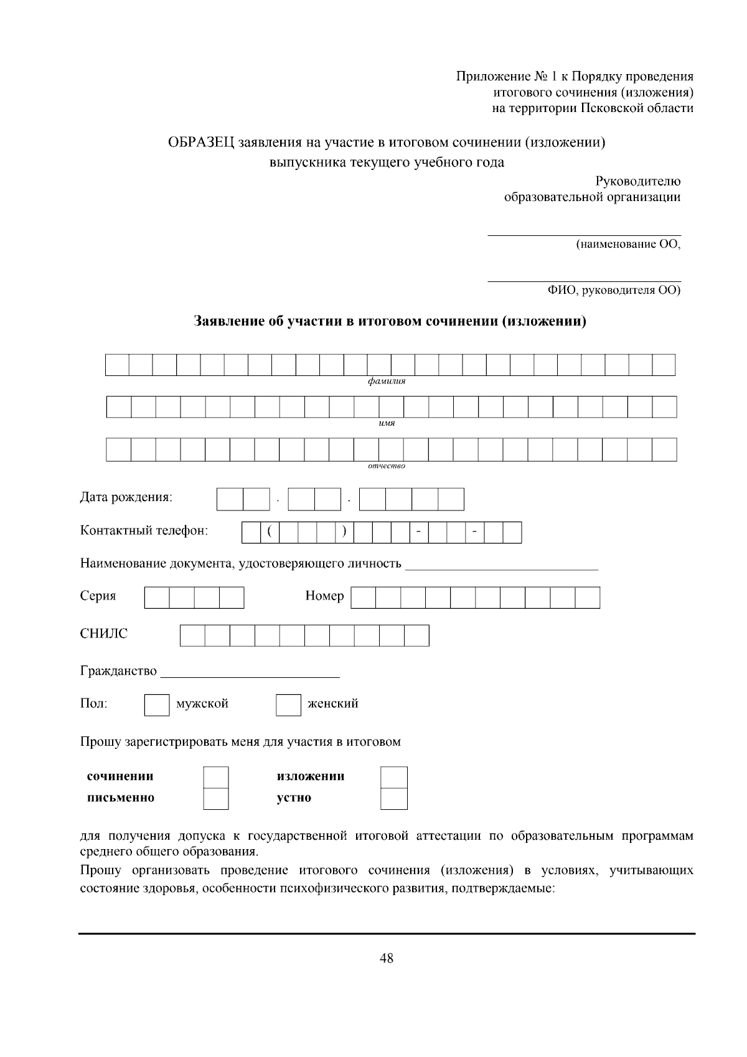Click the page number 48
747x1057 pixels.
pyautogui.click(x=386, y=958)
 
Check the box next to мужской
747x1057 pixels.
pyautogui.click(x=156, y=705)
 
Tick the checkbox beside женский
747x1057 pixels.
pyautogui.click(x=288, y=705)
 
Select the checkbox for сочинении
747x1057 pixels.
pyautogui.click(x=216, y=777)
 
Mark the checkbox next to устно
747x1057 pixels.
pyautogui.click(x=393, y=799)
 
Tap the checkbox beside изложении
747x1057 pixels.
pyautogui.click(x=393, y=777)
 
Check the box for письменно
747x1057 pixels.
pyautogui.click(x=216, y=799)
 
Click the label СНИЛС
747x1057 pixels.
pyautogui.click(x=103, y=634)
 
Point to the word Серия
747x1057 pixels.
pyautogui.click(x=98, y=596)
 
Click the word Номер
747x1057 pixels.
pyautogui.click(x=324, y=596)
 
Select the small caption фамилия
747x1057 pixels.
pyautogui.click(x=386, y=382)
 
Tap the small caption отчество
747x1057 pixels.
pyautogui.click(x=386, y=466)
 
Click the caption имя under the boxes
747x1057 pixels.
pyautogui.click(x=387, y=423)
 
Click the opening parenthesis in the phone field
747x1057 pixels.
pyautogui.click(x=270, y=532)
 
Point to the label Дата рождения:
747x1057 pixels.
pyautogui.click(x=126, y=497)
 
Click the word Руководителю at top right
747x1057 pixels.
pyautogui.click(x=637, y=181)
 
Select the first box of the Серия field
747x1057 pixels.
pyautogui.click(x=157, y=598)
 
